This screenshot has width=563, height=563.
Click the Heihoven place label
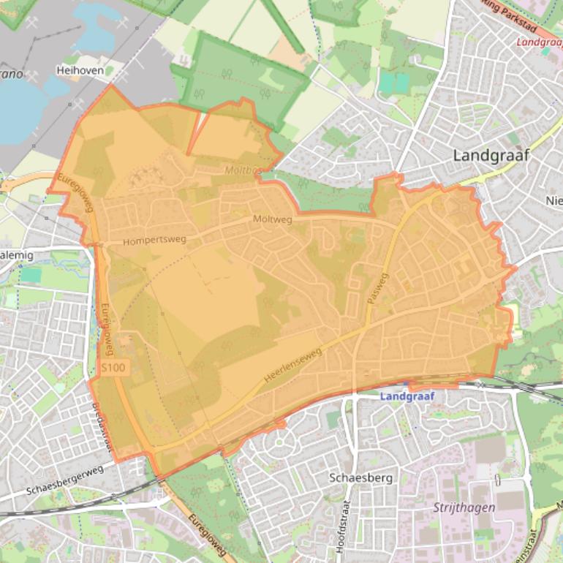[80, 71]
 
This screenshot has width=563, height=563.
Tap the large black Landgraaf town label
[491, 155]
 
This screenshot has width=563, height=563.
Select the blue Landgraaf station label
[408, 396]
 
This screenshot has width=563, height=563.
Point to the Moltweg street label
[272, 219]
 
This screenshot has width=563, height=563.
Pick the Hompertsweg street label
[155, 240]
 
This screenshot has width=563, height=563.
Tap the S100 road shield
[114, 367]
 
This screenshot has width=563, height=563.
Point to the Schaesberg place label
[361, 477]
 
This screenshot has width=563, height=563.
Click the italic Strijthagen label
[464, 507]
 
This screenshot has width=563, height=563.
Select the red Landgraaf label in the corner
[539, 42]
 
